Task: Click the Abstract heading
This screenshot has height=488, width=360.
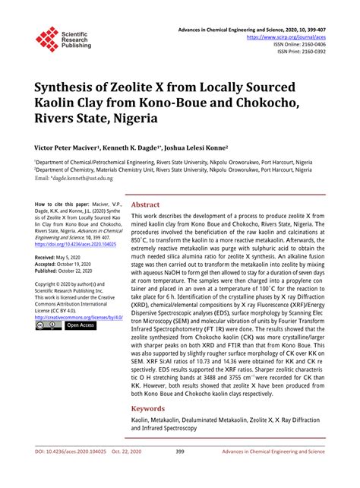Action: click(145, 204)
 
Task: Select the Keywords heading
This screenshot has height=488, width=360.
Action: click(148, 408)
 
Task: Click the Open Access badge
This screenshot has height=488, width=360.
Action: click(81, 325)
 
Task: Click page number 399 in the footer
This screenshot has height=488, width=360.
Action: click(180, 473)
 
